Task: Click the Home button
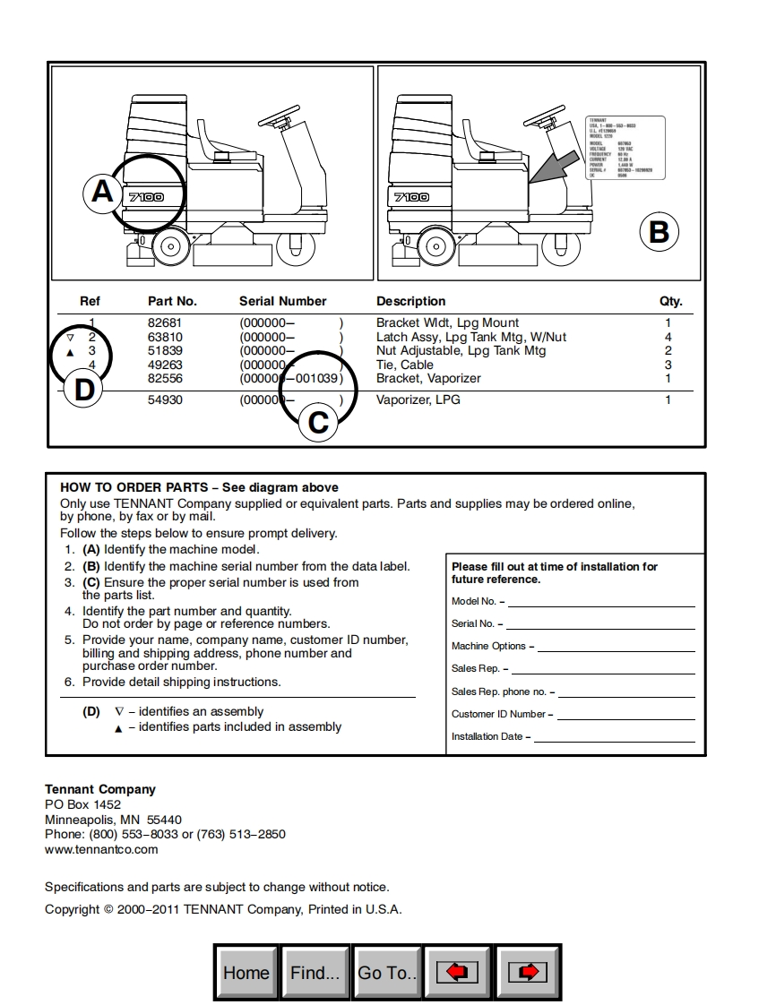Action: pyautogui.click(x=246, y=973)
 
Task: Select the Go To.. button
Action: pyautogui.click(x=387, y=973)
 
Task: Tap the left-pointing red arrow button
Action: pyautogui.click(x=457, y=973)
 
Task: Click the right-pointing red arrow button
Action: pyautogui.click(x=528, y=973)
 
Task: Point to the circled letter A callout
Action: pyautogui.click(x=102, y=192)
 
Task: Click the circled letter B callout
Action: pyautogui.click(x=659, y=232)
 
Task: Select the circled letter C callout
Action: pyautogui.click(x=318, y=421)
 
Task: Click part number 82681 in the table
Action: pyautogui.click(x=165, y=322)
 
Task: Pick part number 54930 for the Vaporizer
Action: pyautogui.click(x=165, y=399)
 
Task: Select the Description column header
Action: pyautogui.click(x=410, y=301)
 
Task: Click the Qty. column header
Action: pyautogui.click(x=670, y=301)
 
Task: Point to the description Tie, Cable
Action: pyautogui.click(x=405, y=365)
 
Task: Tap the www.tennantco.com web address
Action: pyautogui.click(x=101, y=849)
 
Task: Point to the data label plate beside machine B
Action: pyautogui.click(x=624, y=150)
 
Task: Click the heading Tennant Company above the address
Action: pyautogui.click(x=100, y=789)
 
